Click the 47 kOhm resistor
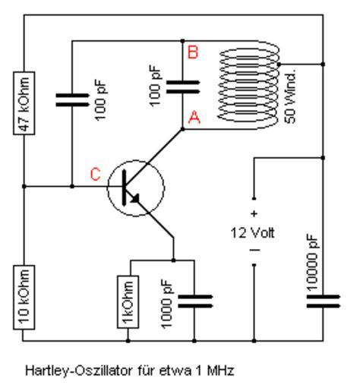[24, 103]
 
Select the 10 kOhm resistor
[24, 298]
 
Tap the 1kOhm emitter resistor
[128, 301]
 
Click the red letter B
[193, 52]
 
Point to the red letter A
[194, 117]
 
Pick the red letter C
[96, 174]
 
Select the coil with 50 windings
[248, 85]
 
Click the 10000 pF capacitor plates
[324, 301]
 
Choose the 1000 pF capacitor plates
[195, 301]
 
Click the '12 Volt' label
[252, 232]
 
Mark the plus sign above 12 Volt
[254, 214]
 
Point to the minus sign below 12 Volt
[254, 251]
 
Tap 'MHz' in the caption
[220, 371]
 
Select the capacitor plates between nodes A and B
[183, 87]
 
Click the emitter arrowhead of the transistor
[135, 199]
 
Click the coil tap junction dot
[279, 65]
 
